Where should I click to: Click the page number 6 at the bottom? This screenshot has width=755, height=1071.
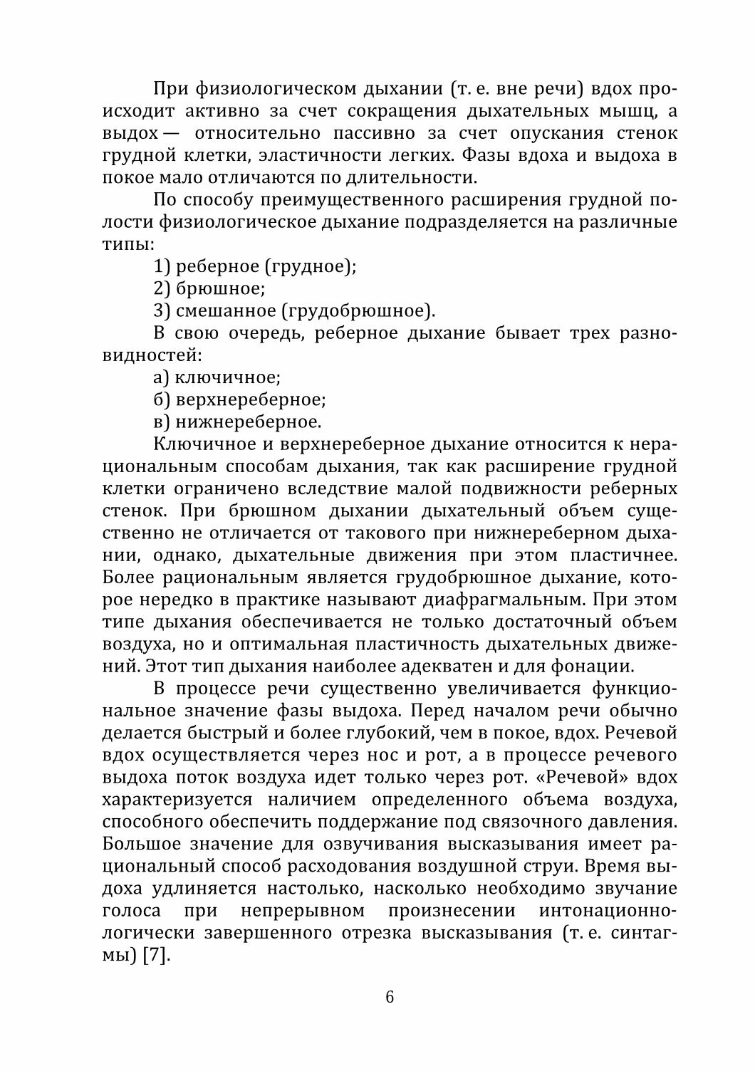coord(389,996)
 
